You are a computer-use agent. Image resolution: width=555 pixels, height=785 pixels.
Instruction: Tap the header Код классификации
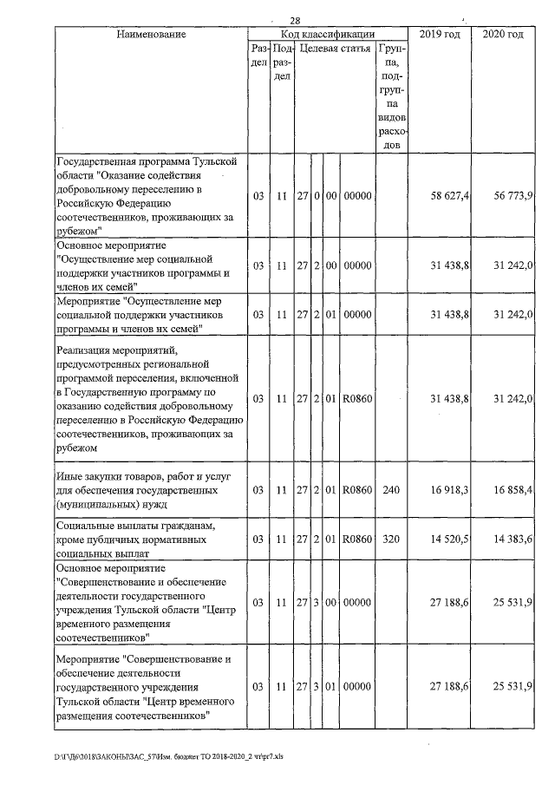328,34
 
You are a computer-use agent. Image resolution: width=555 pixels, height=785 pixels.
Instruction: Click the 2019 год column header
440,34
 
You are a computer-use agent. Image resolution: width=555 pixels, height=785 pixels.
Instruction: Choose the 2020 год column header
503,34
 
